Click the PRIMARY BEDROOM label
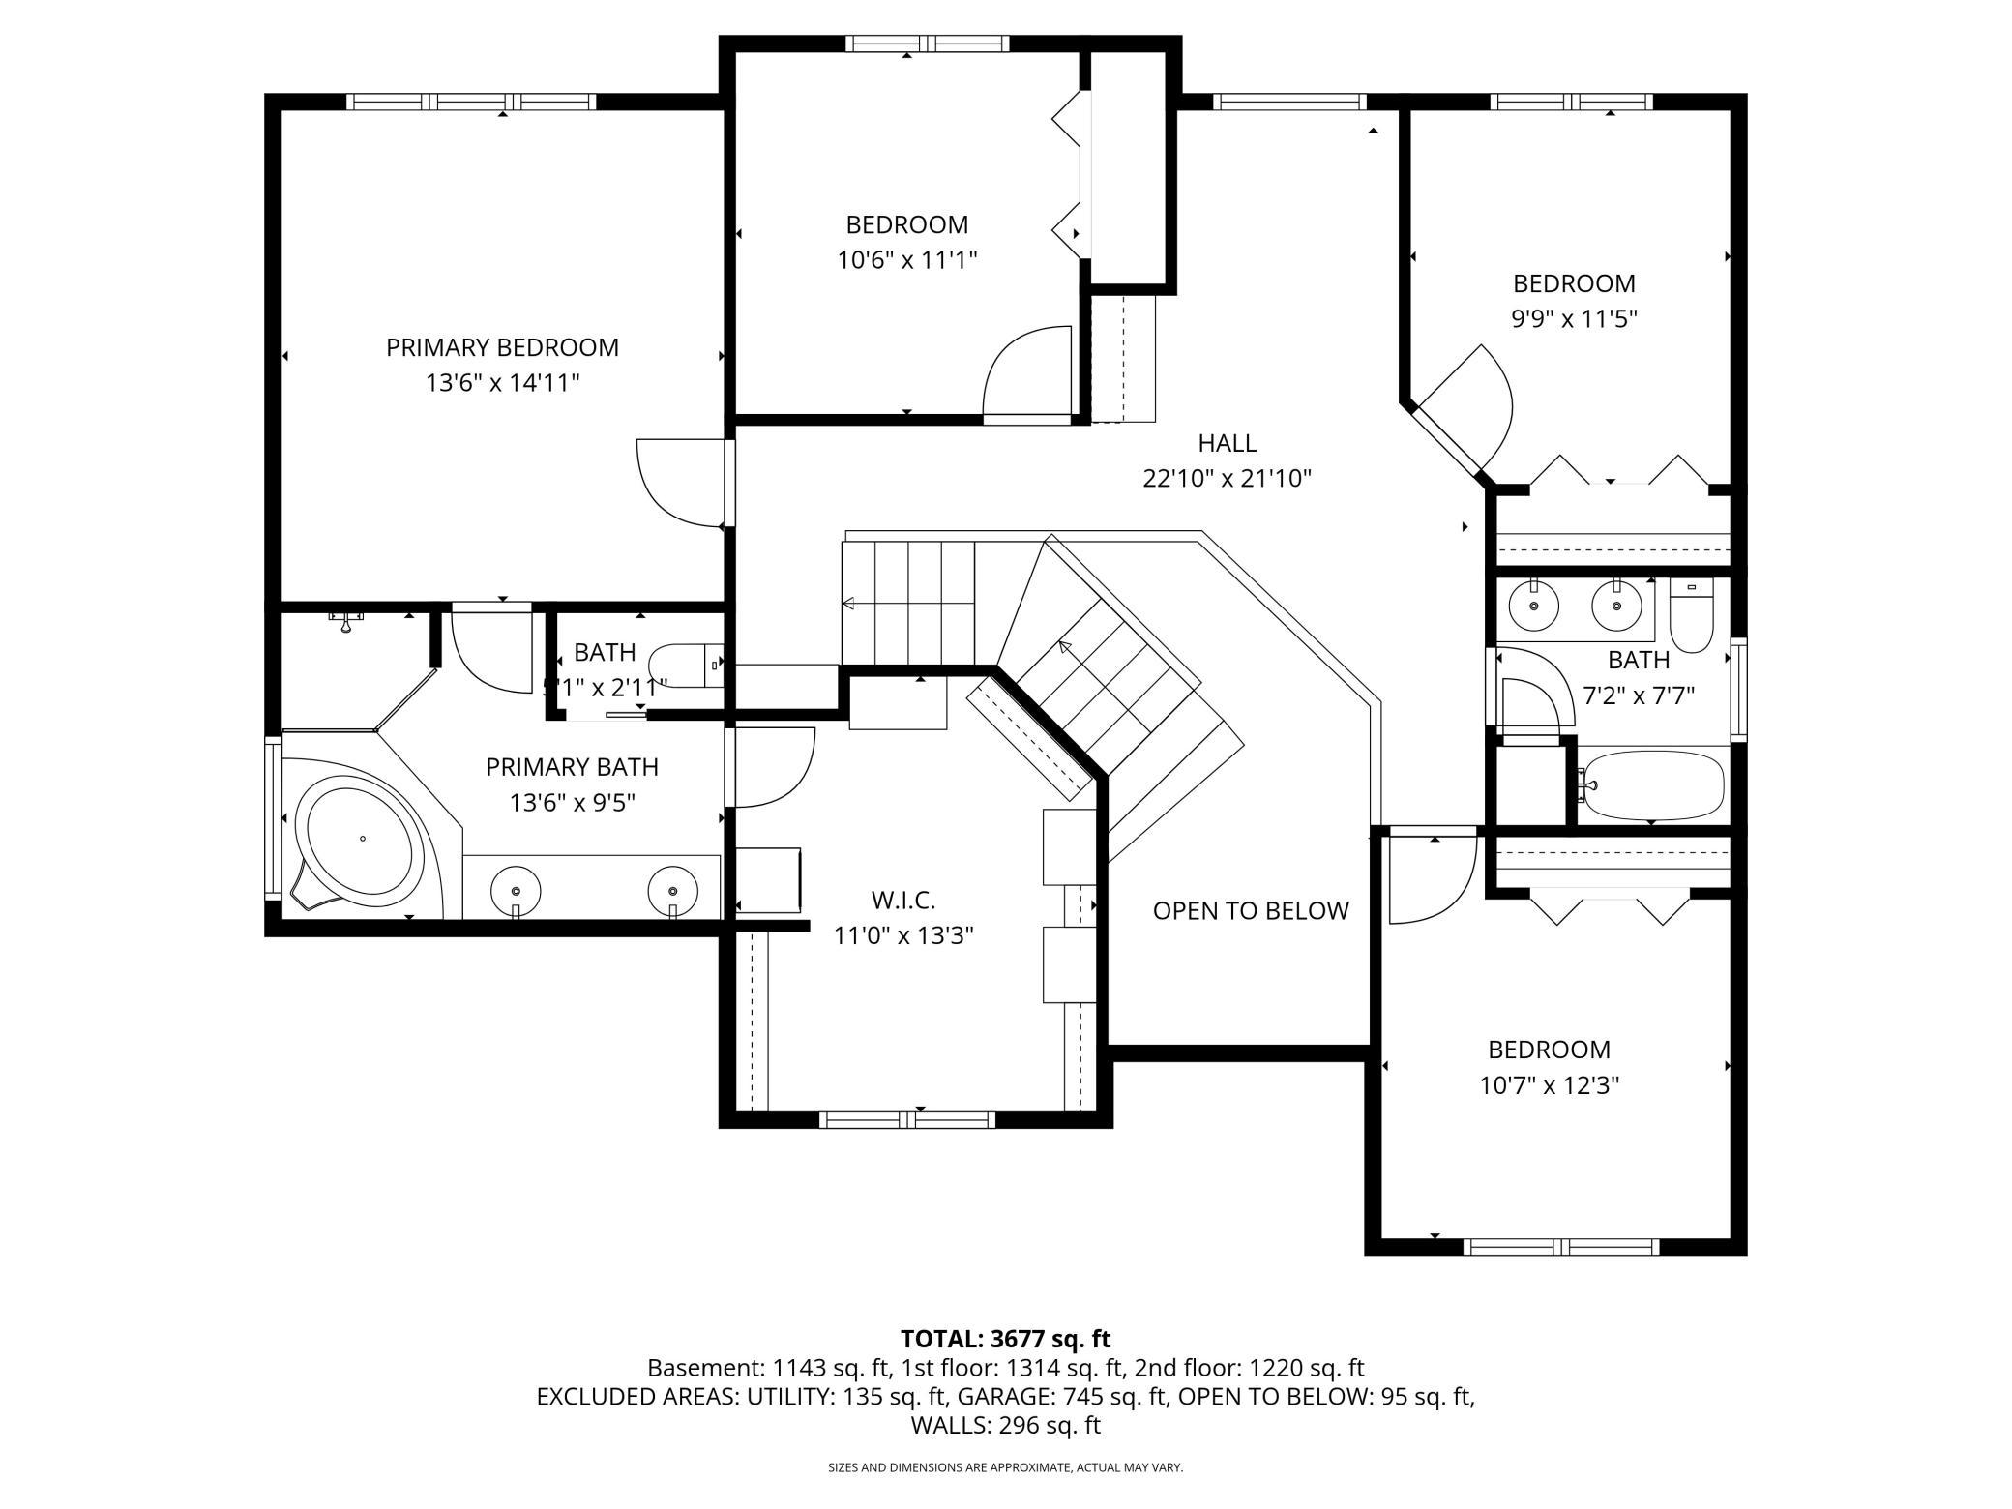pos(502,347)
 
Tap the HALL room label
pos(1227,443)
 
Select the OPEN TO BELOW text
pos(1250,910)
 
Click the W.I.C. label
pos(903,901)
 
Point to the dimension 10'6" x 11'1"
pos(907,259)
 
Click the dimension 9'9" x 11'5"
pos(1574,318)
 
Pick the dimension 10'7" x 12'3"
pos(1549,1084)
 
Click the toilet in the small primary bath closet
pos(686,666)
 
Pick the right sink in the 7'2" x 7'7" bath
pos(1615,606)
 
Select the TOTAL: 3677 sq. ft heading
pos(1005,1339)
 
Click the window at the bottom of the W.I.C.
pos(907,1119)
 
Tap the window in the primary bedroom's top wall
pos(471,102)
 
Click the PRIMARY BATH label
pos(572,767)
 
